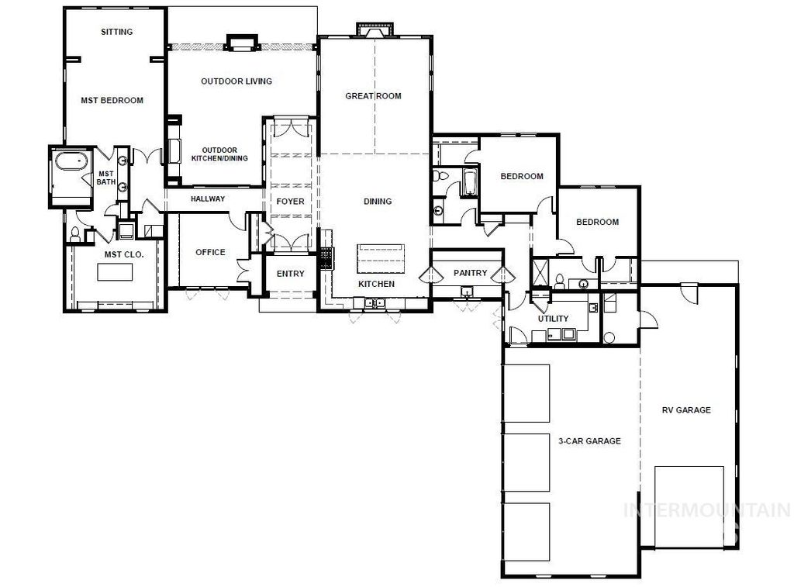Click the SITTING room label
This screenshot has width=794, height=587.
tap(117, 32)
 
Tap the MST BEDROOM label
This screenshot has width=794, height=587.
tap(112, 100)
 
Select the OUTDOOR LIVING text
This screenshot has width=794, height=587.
tap(236, 81)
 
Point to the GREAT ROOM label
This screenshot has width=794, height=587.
tap(373, 96)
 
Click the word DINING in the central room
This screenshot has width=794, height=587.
tap(378, 202)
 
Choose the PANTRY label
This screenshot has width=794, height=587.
tap(470, 273)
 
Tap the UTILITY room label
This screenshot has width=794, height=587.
tap(553, 319)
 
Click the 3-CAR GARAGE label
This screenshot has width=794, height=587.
tap(589, 441)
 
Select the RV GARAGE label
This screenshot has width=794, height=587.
tap(685, 410)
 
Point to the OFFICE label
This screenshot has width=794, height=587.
tap(210, 252)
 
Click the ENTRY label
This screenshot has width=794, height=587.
tap(291, 274)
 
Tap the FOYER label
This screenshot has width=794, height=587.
tap(291, 202)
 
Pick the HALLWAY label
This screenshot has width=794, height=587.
tap(207, 199)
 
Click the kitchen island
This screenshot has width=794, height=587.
tap(381, 258)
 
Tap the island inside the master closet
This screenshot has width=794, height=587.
tap(115, 272)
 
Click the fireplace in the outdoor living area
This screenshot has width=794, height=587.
tap(240, 42)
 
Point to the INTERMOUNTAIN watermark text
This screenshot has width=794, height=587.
tap(707, 511)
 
